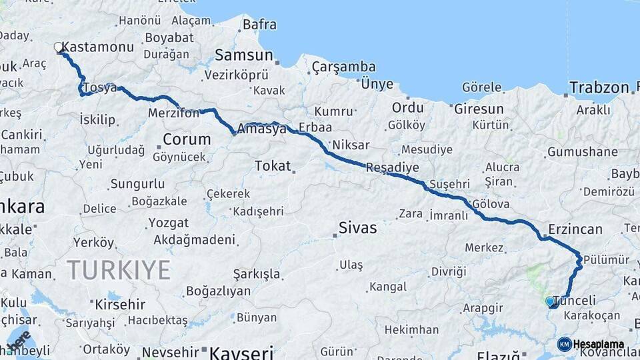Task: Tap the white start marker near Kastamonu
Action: click(59, 47)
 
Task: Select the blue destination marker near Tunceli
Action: click(550, 301)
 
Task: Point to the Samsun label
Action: click(244, 55)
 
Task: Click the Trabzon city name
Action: click(599, 87)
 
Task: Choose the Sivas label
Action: click(357, 228)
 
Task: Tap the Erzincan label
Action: click(575, 229)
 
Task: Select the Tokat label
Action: click(273, 165)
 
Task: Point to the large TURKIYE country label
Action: click(118, 270)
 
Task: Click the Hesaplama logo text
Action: click(598, 345)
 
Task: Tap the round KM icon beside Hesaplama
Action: click(564, 345)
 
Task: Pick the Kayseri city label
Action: click(241, 351)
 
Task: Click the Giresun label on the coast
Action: click(479, 109)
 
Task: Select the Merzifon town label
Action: click(173, 113)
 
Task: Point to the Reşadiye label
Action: click(392, 168)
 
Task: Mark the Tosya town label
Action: click(100, 89)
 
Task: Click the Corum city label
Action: click(187, 140)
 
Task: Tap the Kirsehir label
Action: click(120, 305)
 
